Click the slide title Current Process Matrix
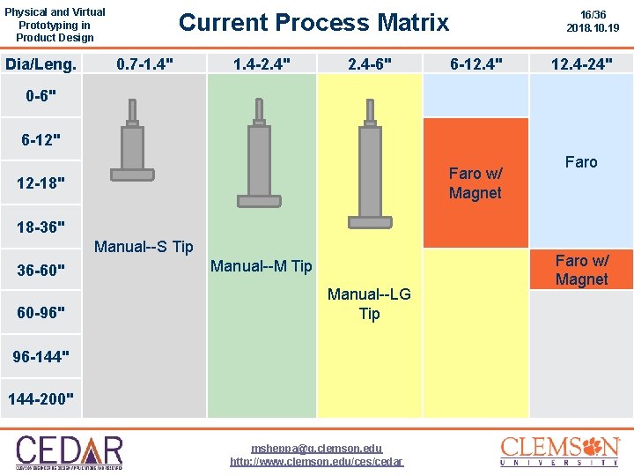click(313, 22)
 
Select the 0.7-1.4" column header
click(144, 63)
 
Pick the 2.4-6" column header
click(370, 63)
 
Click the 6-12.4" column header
click(476, 63)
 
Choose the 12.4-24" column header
click(581, 63)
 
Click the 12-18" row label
click(41, 183)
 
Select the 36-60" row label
click(41, 269)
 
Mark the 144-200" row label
click(41, 399)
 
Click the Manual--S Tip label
click(144, 247)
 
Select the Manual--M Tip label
click(261, 266)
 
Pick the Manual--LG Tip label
click(369, 304)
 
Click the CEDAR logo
click(69, 450)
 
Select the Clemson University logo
click(560, 450)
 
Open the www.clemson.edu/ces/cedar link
click(316, 462)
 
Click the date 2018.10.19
click(593, 28)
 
